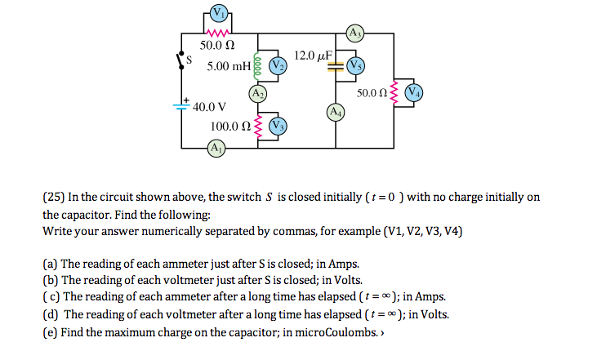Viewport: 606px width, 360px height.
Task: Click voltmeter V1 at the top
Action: click(x=218, y=12)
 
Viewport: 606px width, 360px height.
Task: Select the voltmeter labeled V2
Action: click(x=278, y=64)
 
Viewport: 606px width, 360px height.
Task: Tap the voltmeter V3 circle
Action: click(x=278, y=126)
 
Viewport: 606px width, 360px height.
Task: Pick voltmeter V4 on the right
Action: click(x=415, y=91)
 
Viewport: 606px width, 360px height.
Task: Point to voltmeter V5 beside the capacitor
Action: click(x=355, y=64)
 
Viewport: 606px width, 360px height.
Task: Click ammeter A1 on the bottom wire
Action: click(x=216, y=149)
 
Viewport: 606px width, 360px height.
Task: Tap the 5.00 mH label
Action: click(x=229, y=64)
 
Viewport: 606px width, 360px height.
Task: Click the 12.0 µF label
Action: click(x=312, y=55)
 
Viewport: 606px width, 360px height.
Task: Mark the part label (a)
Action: click(x=50, y=264)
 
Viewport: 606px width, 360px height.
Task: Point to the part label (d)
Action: click(x=51, y=315)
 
